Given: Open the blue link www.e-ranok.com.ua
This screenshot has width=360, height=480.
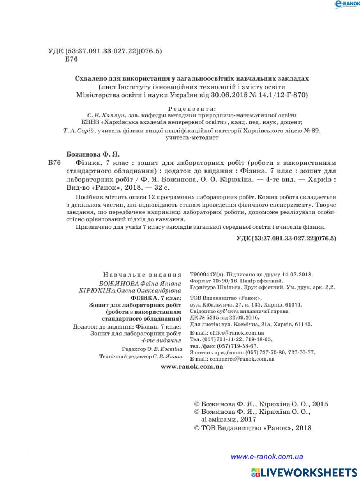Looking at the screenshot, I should [x=267, y=457].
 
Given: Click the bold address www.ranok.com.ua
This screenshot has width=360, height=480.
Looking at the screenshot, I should [x=192, y=367].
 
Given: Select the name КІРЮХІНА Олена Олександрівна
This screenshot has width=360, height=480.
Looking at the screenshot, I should [x=130, y=290].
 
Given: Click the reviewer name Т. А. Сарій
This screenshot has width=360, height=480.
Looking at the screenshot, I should [x=79, y=131].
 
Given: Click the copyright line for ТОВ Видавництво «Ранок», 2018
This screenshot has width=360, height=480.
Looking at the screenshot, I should [x=253, y=428].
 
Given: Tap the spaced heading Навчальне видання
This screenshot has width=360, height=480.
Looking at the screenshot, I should [x=142, y=275].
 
